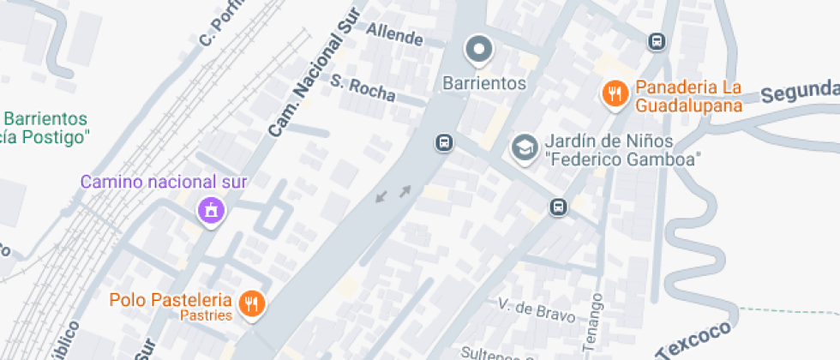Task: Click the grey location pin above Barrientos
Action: point(478,50)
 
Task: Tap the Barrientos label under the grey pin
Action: point(483,83)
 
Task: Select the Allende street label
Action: point(395,35)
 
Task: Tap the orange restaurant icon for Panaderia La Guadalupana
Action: point(615,93)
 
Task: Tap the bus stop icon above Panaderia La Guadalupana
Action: point(657,41)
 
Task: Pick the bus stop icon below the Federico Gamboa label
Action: point(558,207)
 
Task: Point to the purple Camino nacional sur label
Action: point(164,182)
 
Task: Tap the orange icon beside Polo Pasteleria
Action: point(251,302)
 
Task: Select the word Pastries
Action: point(207,315)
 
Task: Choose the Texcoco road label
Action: point(696,340)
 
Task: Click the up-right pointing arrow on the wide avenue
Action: point(404,189)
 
